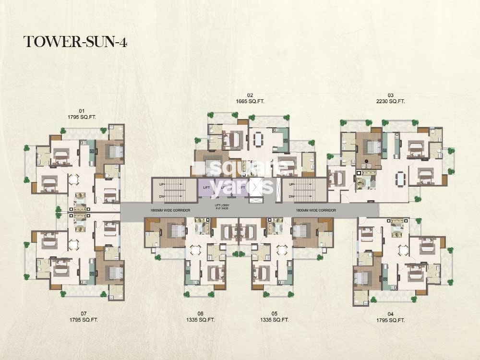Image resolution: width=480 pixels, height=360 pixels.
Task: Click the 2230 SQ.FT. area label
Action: [x=391, y=101]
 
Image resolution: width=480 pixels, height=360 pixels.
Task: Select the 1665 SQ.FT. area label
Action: [x=250, y=101]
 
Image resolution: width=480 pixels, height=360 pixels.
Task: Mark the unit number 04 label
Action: [x=391, y=314]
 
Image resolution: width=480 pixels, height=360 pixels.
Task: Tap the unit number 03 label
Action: [x=391, y=95]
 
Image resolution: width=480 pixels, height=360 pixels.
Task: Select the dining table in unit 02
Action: [x=258, y=139]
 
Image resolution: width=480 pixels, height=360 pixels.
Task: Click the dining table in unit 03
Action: [x=400, y=179]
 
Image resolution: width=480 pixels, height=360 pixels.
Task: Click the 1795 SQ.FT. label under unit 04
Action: [x=391, y=320]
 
